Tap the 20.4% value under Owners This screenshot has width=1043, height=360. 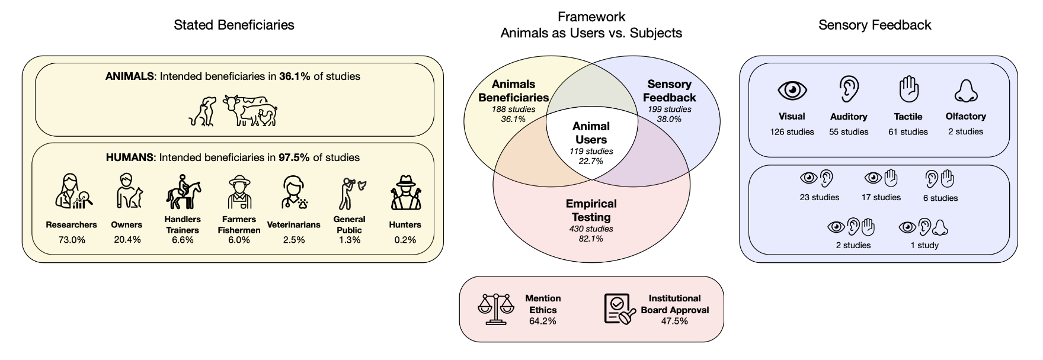pos(126,240)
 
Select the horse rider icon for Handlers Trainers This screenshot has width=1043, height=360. pos(183,191)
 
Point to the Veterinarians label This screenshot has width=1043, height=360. pos(293,225)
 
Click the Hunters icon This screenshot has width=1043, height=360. pos(405,192)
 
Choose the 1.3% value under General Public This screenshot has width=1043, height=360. pos(349,240)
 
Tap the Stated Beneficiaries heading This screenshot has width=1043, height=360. pos(233,25)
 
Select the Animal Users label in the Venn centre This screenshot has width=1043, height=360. pos(591,133)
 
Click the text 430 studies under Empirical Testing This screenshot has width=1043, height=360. pos(591,229)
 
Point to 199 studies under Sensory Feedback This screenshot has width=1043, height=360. pos(669,109)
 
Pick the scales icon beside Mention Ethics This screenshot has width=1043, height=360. pos(496,309)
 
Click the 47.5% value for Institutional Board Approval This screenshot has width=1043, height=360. pos(674,321)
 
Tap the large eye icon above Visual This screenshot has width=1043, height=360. pos(792,90)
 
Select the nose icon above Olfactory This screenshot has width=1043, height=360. pos(965,90)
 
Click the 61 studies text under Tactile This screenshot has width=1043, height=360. pos(908,132)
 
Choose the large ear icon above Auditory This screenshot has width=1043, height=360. pos(849,90)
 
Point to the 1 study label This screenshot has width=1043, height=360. pos(924,245)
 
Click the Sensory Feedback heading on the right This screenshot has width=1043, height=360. pos(875,25)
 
